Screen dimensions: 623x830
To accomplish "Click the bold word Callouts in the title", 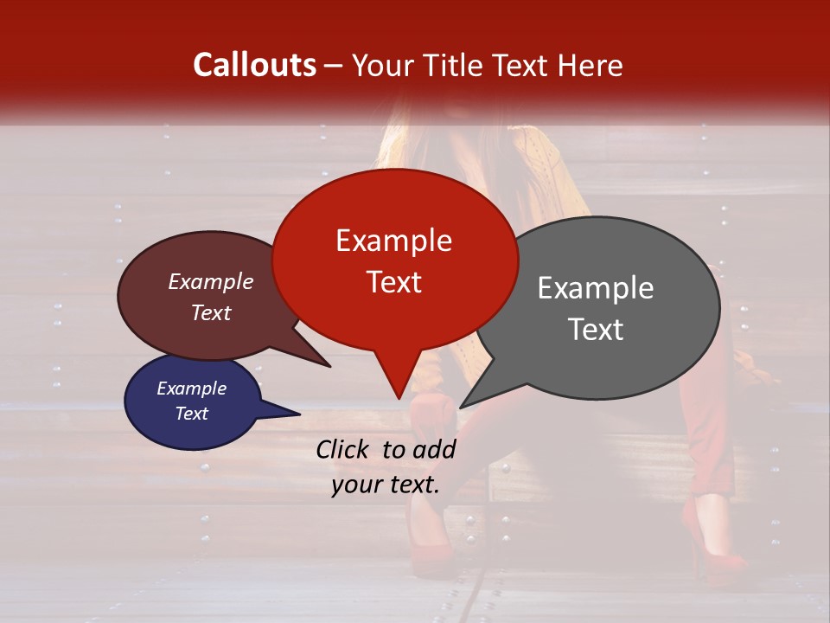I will pyautogui.click(x=254, y=65).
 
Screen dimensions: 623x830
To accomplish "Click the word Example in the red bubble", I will pyautogui.click(x=393, y=241).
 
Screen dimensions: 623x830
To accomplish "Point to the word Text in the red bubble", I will pyautogui.click(x=393, y=282).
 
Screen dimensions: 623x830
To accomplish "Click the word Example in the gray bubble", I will pyautogui.click(x=596, y=288).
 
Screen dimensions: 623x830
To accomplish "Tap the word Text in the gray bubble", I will pyautogui.click(x=596, y=330).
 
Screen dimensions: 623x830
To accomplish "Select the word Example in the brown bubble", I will pyautogui.click(x=211, y=282).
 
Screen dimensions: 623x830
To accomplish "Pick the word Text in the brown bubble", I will pyautogui.click(x=211, y=312).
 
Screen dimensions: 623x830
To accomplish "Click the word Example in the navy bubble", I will pyautogui.click(x=191, y=389).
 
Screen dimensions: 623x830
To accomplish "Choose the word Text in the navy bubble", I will pyautogui.click(x=191, y=414).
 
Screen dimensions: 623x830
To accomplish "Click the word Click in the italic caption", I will pyautogui.click(x=344, y=449).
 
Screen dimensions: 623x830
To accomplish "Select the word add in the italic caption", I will pyautogui.click(x=434, y=449).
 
